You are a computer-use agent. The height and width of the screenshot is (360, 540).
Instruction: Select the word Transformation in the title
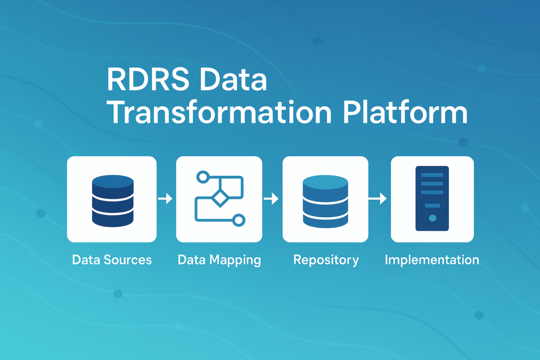point(211,113)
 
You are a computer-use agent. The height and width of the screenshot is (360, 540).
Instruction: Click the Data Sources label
point(112,260)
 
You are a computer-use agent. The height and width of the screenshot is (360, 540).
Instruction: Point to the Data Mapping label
point(219,260)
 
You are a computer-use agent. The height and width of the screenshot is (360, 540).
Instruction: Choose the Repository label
point(326,260)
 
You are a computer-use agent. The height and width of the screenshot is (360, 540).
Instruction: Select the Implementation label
point(432,260)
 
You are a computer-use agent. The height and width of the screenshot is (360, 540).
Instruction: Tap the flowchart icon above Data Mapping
point(219,199)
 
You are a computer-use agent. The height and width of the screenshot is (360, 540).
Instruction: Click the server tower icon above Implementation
point(432,199)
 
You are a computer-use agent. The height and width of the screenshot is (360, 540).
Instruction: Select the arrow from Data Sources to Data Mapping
point(165,199)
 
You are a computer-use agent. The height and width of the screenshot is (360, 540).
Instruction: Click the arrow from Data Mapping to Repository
point(271,199)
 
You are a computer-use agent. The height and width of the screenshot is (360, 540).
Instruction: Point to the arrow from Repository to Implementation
point(378,199)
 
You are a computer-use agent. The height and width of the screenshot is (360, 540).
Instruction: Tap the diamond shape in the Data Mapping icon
point(218,199)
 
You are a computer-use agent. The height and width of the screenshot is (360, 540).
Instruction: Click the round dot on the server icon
point(432,218)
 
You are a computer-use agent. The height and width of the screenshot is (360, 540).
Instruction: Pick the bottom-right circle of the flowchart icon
point(238,220)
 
